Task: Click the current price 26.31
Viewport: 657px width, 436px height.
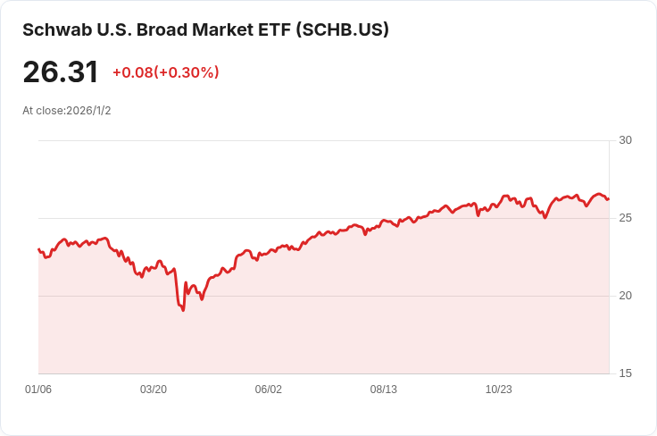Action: coord(61,72)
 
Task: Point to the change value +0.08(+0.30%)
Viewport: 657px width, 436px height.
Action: coord(165,72)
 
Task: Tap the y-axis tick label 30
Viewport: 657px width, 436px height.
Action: coord(625,140)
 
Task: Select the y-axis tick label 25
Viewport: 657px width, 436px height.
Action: coord(625,218)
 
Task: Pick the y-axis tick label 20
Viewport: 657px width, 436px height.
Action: coord(625,296)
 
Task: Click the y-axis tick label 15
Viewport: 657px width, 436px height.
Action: coord(625,373)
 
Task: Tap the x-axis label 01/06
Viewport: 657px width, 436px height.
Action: coord(38,390)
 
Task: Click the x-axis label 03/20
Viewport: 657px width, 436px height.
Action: coord(154,390)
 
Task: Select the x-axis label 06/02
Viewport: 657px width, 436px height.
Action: coord(269,390)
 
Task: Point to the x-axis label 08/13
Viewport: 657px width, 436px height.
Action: coord(384,390)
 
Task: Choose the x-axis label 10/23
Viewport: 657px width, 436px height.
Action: coord(498,390)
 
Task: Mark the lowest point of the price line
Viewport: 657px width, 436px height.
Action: coord(183,310)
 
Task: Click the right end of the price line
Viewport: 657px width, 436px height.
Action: coord(609,198)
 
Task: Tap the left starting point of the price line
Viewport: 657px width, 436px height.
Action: coord(38,249)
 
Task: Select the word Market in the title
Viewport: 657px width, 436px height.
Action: coord(214,29)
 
